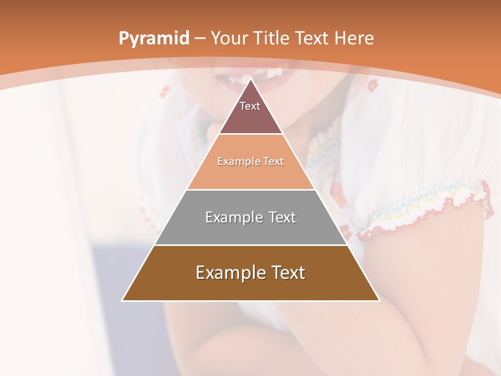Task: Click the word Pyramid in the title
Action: tap(153, 39)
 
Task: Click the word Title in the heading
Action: tap(273, 39)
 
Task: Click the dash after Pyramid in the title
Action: tap(199, 39)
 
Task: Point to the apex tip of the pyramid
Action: tap(251, 79)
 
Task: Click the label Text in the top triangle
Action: tap(250, 106)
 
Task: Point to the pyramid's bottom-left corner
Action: tap(122, 300)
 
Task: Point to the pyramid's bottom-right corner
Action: tap(379, 300)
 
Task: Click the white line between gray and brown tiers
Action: tap(250, 245)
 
